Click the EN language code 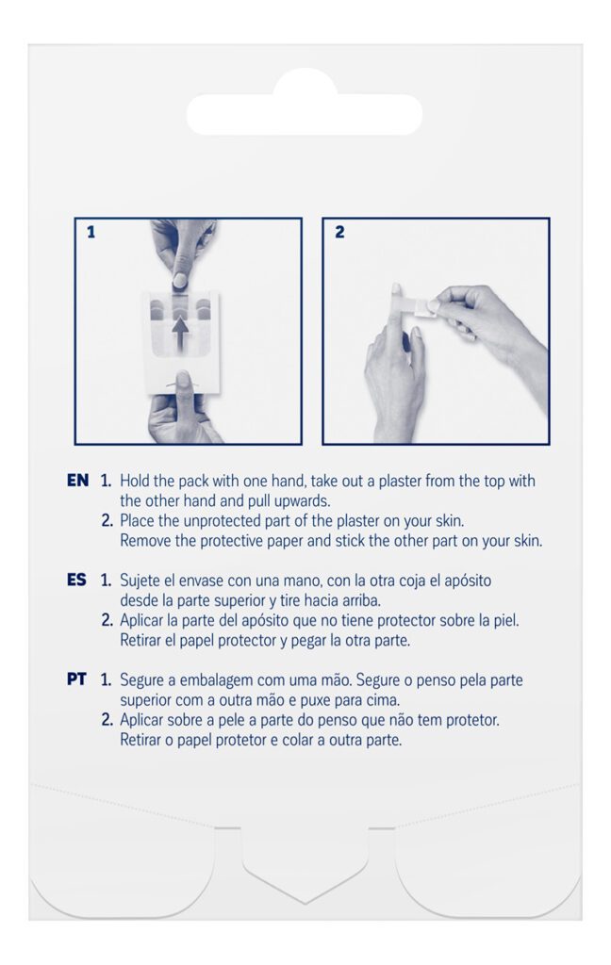[77, 480]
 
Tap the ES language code [77, 580]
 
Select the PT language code [76, 679]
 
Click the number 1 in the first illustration [91, 233]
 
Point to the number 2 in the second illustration [339, 232]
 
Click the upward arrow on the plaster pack [180, 333]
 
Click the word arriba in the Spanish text [358, 600]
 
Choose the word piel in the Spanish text [505, 620]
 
